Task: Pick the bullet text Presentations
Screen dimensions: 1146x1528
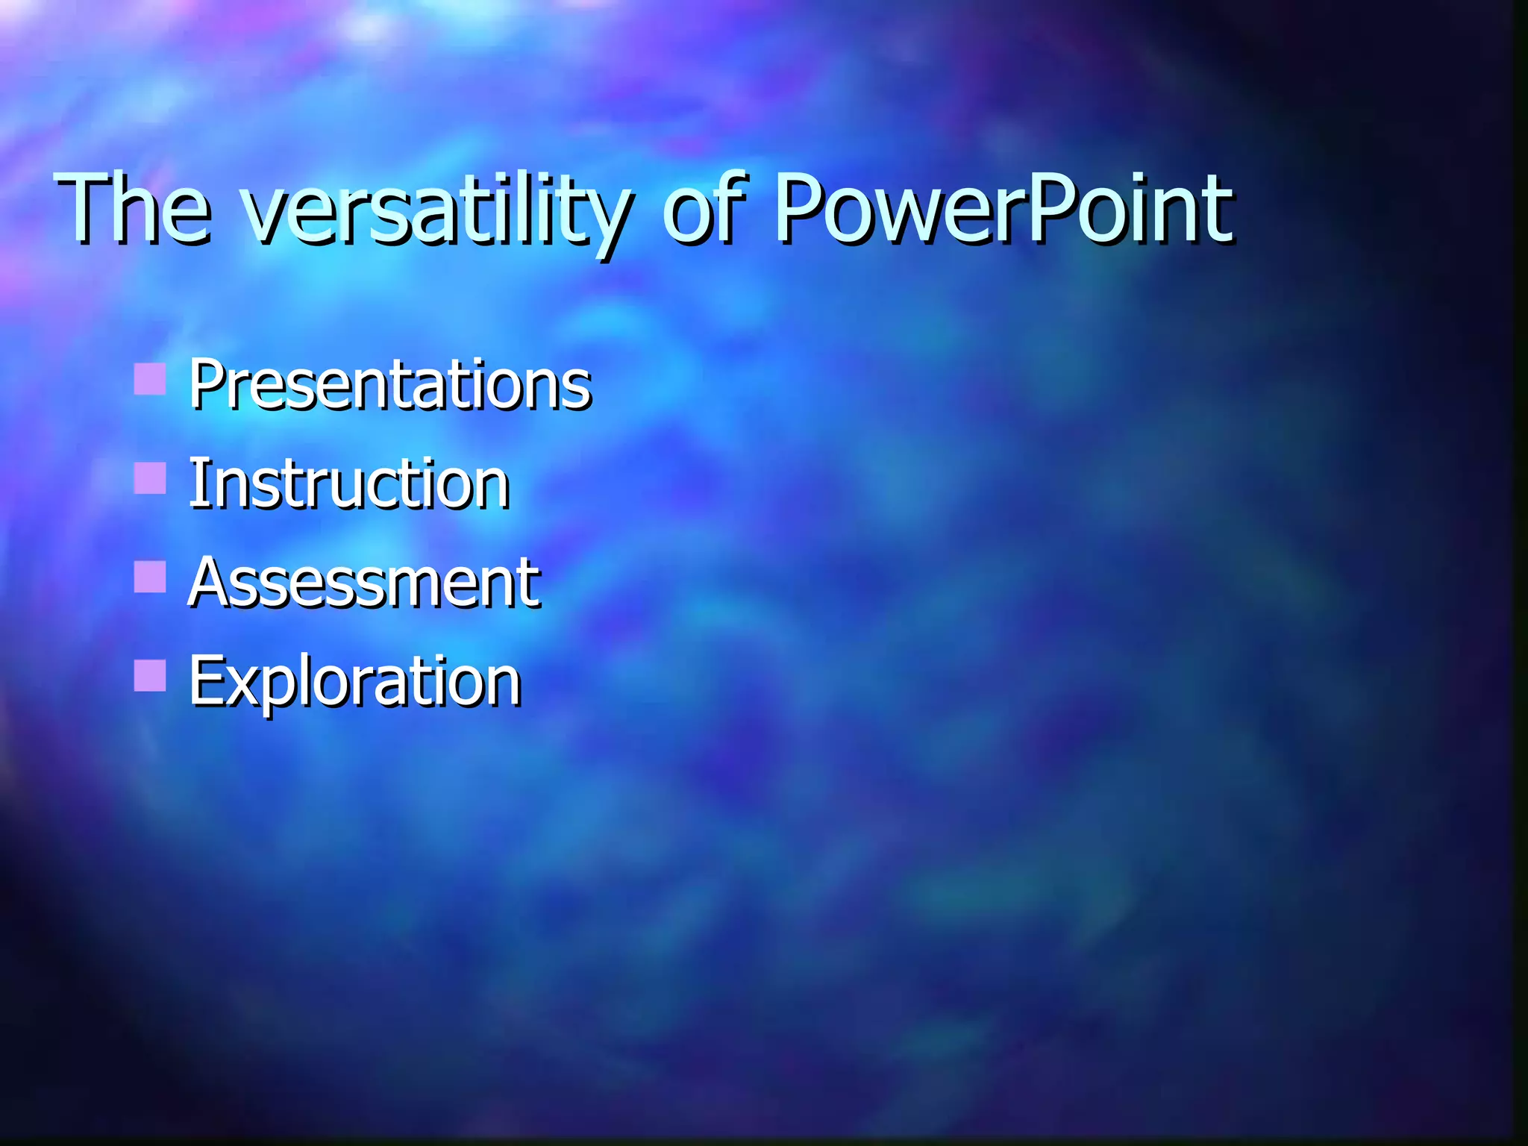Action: click(x=389, y=385)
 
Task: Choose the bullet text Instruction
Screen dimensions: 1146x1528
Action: click(x=348, y=485)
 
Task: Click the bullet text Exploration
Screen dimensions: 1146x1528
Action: click(x=354, y=681)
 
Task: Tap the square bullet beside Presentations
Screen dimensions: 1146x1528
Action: click(x=150, y=379)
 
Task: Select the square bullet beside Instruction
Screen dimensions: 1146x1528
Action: click(x=150, y=478)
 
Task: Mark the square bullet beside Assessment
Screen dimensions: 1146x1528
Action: click(x=150, y=577)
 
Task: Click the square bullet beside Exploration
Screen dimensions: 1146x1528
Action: click(x=150, y=675)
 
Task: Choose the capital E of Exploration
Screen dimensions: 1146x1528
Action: click(x=203, y=680)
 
